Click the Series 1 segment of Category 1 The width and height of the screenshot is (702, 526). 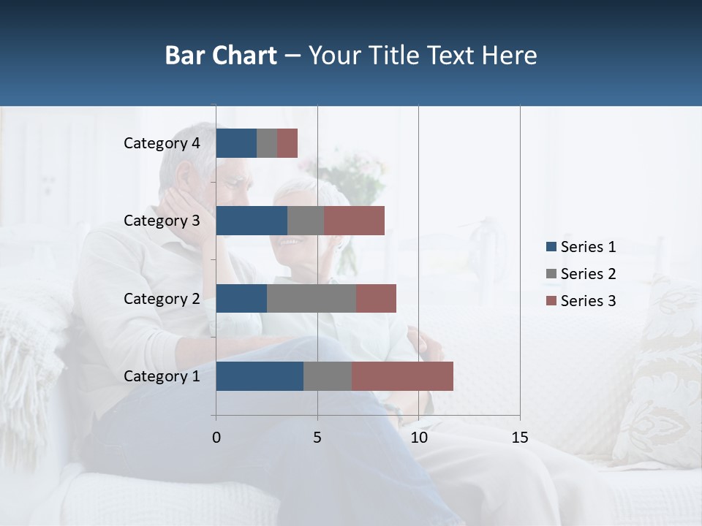tap(260, 376)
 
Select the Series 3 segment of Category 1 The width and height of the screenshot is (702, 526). tap(402, 376)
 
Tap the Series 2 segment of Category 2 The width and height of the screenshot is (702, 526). tap(312, 298)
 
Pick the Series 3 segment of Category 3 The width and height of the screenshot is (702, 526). tap(354, 221)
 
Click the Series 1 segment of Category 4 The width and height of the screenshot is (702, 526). tap(236, 143)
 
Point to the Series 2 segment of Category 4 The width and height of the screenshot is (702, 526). tap(267, 143)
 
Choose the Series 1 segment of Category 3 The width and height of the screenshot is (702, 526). tap(252, 221)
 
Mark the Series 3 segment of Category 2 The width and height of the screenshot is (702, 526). tap(376, 298)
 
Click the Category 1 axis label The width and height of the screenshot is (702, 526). tap(162, 376)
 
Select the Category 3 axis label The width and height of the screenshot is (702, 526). tap(162, 221)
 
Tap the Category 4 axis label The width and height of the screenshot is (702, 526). tap(162, 143)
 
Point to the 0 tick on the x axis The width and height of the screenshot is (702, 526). tap(216, 438)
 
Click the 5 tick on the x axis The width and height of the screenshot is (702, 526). tap(317, 438)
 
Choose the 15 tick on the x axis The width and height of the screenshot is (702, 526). tap(520, 438)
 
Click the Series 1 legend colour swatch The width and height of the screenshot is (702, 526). tap(551, 247)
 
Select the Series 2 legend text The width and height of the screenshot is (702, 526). tap(589, 274)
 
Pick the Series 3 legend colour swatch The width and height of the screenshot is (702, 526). tap(551, 301)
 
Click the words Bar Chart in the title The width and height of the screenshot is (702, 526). tap(221, 56)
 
